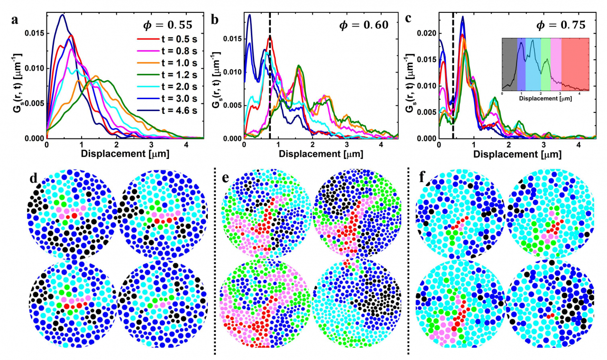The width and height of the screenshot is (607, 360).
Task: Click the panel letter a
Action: click(15, 20)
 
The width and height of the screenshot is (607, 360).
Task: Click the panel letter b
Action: click(215, 20)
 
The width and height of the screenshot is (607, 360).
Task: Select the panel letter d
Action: click(33, 179)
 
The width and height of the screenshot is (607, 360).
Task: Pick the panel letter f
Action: click(423, 177)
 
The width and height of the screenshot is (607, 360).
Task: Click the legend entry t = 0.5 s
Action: click(167, 39)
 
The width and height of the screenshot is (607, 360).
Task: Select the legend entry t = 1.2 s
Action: click(167, 75)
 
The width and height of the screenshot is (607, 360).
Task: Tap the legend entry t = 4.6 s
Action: click(167, 111)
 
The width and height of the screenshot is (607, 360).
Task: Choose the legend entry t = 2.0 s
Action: click(167, 87)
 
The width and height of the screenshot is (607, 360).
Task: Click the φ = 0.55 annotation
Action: click(168, 25)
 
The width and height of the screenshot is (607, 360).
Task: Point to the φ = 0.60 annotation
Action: click(364, 25)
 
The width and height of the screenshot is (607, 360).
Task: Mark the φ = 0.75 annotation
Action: click(561, 25)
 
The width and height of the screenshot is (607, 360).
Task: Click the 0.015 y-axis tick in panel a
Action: click(34, 33)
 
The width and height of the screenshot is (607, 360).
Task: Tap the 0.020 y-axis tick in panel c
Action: click(426, 33)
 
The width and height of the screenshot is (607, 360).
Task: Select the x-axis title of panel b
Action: click(321, 154)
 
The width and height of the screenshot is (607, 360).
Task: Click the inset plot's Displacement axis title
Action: click(545, 99)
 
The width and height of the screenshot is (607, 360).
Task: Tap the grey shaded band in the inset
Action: click(509, 64)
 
